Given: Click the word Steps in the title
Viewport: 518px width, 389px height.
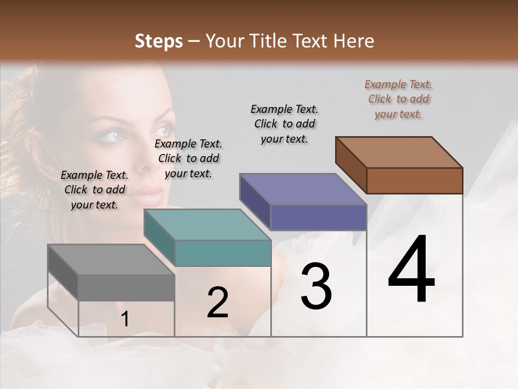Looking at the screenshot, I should pyautogui.click(x=158, y=41).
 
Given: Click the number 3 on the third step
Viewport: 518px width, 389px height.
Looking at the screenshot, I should pyautogui.click(x=316, y=286).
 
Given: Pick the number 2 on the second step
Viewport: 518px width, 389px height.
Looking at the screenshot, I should pyautogui.click(x=217, y=303).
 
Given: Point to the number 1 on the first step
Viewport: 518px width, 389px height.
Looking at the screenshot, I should pyautogui.click(x=125, y=319).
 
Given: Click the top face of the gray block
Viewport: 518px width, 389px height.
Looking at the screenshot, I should pyautogui.click(x=111, y=260).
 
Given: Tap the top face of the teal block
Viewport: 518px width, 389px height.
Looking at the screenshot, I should pyautogui.click(x=207, y=225).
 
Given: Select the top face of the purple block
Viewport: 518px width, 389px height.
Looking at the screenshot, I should pyautogui.click(x=303, y=190).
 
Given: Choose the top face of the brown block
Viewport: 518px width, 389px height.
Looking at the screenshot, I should pyautogui.click(x=399, y=152).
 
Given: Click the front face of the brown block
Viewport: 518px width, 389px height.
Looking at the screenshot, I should pyautogui.click(x=414, y=180).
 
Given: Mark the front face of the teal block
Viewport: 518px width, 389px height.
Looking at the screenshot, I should pyautogui.click(x=223, y=253).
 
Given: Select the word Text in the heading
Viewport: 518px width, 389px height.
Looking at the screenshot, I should pyautogui.click(x=311, y=41).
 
